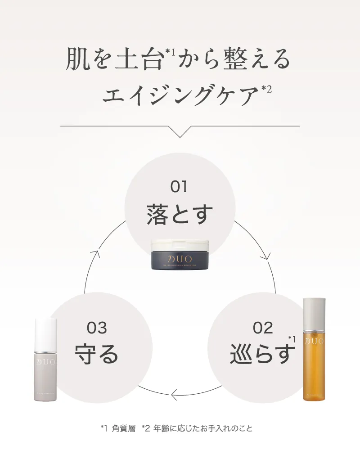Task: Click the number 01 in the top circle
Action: tap(179, 186)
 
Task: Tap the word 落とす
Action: tap(180, 214)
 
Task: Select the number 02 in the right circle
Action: tap(263, 328)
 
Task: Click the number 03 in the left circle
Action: tap(97, 328)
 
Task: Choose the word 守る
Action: tap(96, 354)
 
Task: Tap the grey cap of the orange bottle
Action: tap(314, 313)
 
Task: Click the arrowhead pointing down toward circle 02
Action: tap(265, 257)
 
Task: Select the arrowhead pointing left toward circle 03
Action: tap(173, 395)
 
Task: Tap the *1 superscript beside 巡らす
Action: tap(292, 339)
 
